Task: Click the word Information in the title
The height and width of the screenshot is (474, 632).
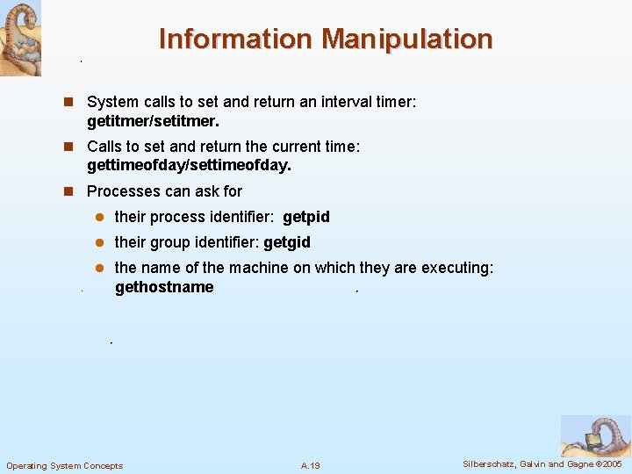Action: pyautogui.click(x=234, y=39)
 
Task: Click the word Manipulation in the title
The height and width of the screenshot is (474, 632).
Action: pyautogui.click(x=406, y=39)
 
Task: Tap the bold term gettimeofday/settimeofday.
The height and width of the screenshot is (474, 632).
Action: pyautogui.click(x=189, y=165)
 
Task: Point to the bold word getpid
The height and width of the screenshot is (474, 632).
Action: pyautogui.click(x=306, y=217)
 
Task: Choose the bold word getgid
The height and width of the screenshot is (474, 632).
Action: pyautogui.click(x=287, y=242)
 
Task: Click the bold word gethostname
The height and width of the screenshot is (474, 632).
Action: pyautogui.click(x=164, y=287)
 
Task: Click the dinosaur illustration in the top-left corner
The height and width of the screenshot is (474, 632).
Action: pyautogui.click(x=20, y=39)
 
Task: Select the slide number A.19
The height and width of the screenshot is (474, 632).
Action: pyautogui.click(x=310, y=465)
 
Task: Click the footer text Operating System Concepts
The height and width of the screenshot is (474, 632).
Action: pyautogui.click(x=65, y=465)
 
